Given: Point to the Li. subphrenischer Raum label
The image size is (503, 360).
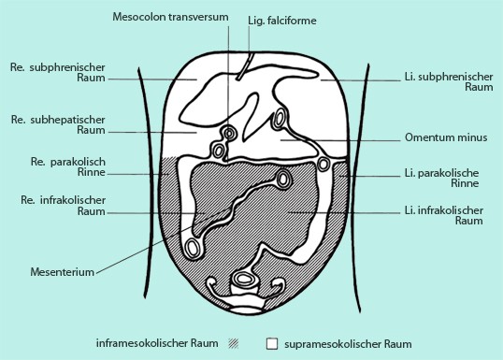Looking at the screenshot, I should (445, 79).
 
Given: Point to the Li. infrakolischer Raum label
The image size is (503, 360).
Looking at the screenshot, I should (442, 216).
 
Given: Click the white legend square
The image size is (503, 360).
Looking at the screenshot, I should (272, 343).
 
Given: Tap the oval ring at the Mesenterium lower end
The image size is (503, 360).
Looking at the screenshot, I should (194, 248).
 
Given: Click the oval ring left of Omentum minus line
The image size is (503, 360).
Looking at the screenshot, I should (280, 120).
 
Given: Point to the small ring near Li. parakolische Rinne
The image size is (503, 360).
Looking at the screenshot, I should (323, 165).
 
